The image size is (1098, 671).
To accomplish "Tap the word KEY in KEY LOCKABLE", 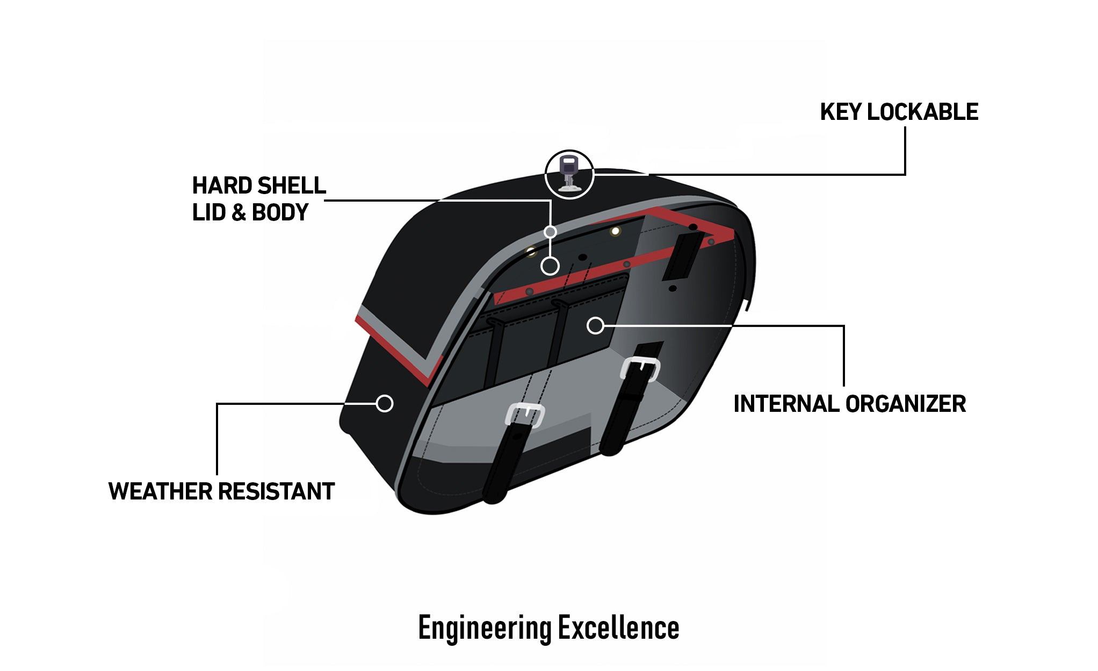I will (840, 112).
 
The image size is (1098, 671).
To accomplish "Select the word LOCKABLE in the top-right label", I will (922, 112).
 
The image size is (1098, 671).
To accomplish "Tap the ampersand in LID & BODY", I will (239, 213).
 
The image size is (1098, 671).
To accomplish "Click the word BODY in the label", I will (280, 213).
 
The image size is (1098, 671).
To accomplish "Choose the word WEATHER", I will (161, 491).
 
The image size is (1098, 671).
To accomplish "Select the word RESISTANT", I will (276, 491).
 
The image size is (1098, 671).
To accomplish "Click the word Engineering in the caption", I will (485, 628).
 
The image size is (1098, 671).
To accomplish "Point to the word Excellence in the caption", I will (618, 628).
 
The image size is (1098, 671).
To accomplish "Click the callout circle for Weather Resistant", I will (385, 403).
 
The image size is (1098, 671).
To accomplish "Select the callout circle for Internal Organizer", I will (595, 325).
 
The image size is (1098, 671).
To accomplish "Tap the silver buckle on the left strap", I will (525, 415).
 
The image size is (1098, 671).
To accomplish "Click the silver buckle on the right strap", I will (640, 369).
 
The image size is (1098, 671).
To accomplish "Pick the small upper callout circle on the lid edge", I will (550, 232).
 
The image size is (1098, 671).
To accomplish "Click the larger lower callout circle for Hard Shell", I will (550, 266).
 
